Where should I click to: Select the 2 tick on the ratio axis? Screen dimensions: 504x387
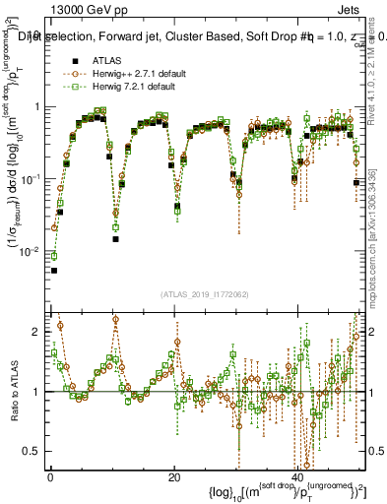pos(40,332)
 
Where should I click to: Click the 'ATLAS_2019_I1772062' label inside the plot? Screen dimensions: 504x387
pos(205,294)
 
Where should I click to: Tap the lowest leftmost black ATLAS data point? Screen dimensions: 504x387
pos(54,270)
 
